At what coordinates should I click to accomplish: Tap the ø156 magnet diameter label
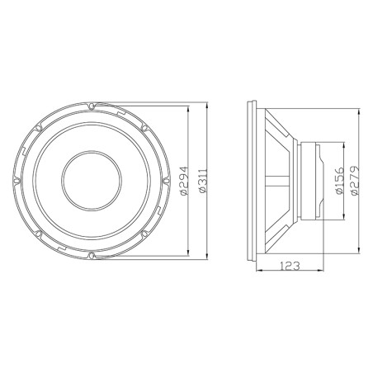340,179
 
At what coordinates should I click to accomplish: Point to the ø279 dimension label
354,179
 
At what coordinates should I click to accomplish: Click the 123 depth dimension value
289,266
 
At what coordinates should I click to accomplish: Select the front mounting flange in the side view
253,179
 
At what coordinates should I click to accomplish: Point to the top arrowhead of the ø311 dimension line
203,106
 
